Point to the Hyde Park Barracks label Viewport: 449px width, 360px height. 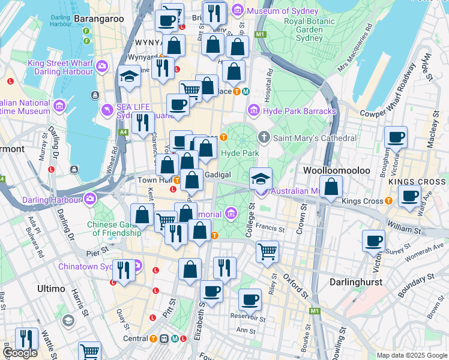coord(300,111)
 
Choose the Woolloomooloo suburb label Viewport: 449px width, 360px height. coord(336,170)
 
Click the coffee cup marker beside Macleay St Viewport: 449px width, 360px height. coord(396,137)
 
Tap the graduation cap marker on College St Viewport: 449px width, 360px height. coord(261,178)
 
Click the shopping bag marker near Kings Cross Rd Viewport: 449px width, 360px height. coord(331,186)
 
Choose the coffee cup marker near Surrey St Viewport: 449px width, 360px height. coord(373,241)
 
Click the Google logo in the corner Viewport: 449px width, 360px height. coord(20,353)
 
